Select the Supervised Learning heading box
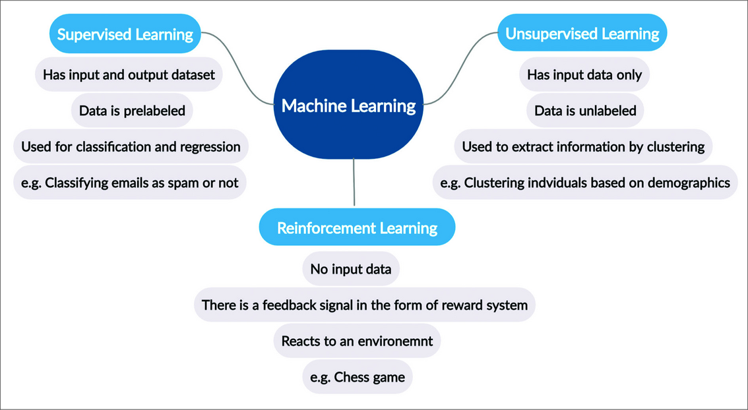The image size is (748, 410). tap(125, 34)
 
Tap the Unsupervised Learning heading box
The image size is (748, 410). tap(582, 33)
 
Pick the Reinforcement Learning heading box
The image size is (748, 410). tap(357, 228)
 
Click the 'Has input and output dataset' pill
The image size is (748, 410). tap(129, 74)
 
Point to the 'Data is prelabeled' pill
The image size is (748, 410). tap(132, 111)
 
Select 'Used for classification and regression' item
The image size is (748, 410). tap(131, 146)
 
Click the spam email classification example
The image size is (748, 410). tap(130, 183)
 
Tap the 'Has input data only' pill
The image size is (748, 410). tap(584, 74)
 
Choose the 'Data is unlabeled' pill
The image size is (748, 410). tap(585, 111)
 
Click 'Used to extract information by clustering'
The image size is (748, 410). tap(583, 146)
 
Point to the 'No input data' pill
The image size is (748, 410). tap(351, 269)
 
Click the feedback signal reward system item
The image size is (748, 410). tap(365, 305)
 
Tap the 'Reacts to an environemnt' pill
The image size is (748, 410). tap(356, 341)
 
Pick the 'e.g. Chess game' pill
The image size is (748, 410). tap(357, 378)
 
